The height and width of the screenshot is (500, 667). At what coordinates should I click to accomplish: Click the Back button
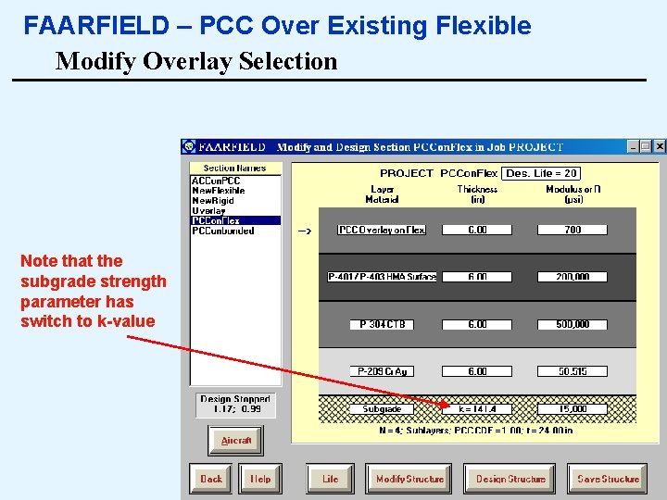211,479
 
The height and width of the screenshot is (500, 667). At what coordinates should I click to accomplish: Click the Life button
331,479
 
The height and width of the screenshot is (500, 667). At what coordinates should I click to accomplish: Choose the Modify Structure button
409,479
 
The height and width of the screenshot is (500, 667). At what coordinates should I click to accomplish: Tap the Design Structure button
510,479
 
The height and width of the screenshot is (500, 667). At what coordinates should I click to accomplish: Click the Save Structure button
608,479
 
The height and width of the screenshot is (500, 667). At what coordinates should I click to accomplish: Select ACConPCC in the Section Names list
216,181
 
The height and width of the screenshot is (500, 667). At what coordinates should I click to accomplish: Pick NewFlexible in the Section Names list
219,191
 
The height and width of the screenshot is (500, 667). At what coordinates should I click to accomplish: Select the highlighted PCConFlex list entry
216,221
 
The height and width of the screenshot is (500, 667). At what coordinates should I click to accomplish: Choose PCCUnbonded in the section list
222,231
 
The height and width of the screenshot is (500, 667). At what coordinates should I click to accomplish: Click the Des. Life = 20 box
542,173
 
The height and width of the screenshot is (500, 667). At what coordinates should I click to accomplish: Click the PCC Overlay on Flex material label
382,230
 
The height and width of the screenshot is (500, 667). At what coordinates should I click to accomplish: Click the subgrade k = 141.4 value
477,408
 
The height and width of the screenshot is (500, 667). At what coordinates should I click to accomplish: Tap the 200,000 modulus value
573,277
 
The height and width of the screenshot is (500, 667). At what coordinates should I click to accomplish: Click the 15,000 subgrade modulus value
573,408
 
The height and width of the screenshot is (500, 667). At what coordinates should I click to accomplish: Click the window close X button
660,146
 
